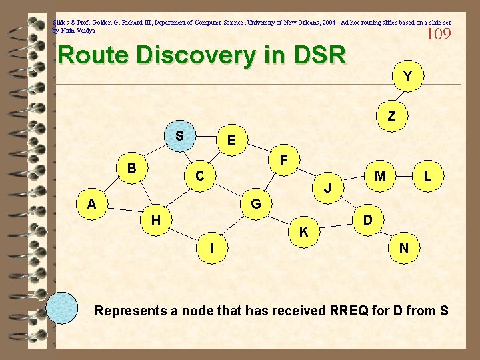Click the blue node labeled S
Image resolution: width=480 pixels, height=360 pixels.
click(179, 136)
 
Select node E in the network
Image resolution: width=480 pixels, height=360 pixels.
click(231, 140)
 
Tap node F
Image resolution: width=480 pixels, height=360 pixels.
click(283, 160)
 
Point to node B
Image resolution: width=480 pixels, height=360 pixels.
click(133, 167)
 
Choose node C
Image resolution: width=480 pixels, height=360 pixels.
click(199, 177)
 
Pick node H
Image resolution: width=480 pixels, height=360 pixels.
click(155, 219)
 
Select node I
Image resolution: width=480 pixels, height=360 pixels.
click(211, 247)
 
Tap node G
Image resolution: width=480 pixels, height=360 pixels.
click(255, 203)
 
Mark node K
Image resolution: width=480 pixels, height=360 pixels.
click(303, 232)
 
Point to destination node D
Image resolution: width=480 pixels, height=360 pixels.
click(367, 219)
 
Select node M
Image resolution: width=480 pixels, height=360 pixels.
click(380, 176)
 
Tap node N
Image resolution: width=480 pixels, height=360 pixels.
click(403, 248)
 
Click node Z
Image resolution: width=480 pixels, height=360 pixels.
click(391, 115)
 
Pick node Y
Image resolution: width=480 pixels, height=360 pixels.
click(406, 77)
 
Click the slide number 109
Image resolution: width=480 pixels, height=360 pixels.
click(438, 34)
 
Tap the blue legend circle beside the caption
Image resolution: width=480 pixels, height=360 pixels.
click(67, 308)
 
